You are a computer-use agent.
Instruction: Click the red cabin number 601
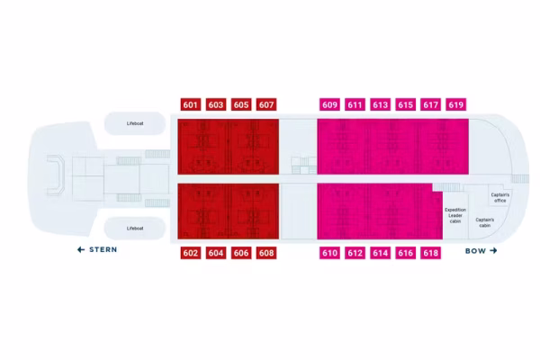pyautogui.click(x=191, y=104)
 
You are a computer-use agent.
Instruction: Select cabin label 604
pyautogui.click(x=216, y=253)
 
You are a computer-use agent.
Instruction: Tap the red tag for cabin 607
pyautogui.click(x=266, y=104)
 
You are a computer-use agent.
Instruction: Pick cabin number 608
pyautogui.click(x=266, y=253)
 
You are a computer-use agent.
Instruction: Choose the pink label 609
pyautogui.click(x=329, y=104)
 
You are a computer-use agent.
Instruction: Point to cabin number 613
pyautogui.click(x=380, y=104)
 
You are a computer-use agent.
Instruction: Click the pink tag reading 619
pyautogui.click(x=456, y=104)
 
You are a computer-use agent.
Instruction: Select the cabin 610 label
pyautogui.click(x=329, y=253)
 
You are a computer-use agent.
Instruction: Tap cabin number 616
pyautogui.click(x=405, y=253)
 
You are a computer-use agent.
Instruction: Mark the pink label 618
pyautogui.click(x=431, y=253)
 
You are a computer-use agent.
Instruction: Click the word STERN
pyautogui.click(x=103, y=249)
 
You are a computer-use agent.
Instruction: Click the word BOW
pyautogui.click(x=475, y=251)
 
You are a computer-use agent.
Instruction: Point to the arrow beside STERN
pyautogui.click(x=81, y=249)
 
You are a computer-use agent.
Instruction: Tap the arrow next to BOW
pyautogui.click(x=493, y=250)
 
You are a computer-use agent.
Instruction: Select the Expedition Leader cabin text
pyautogui.click(x=455, y=215)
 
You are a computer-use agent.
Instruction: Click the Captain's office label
pyautogui.click(x=500, y=197)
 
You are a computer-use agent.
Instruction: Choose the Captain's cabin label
pyautogui.click(x=485, y=222)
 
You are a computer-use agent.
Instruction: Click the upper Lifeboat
pyautogui.click(x=135, y=123)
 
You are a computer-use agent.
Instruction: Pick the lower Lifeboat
pyautogui.click(x=135, y=229)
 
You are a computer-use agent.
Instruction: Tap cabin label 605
pyautogui.click(x=241, y=104)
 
